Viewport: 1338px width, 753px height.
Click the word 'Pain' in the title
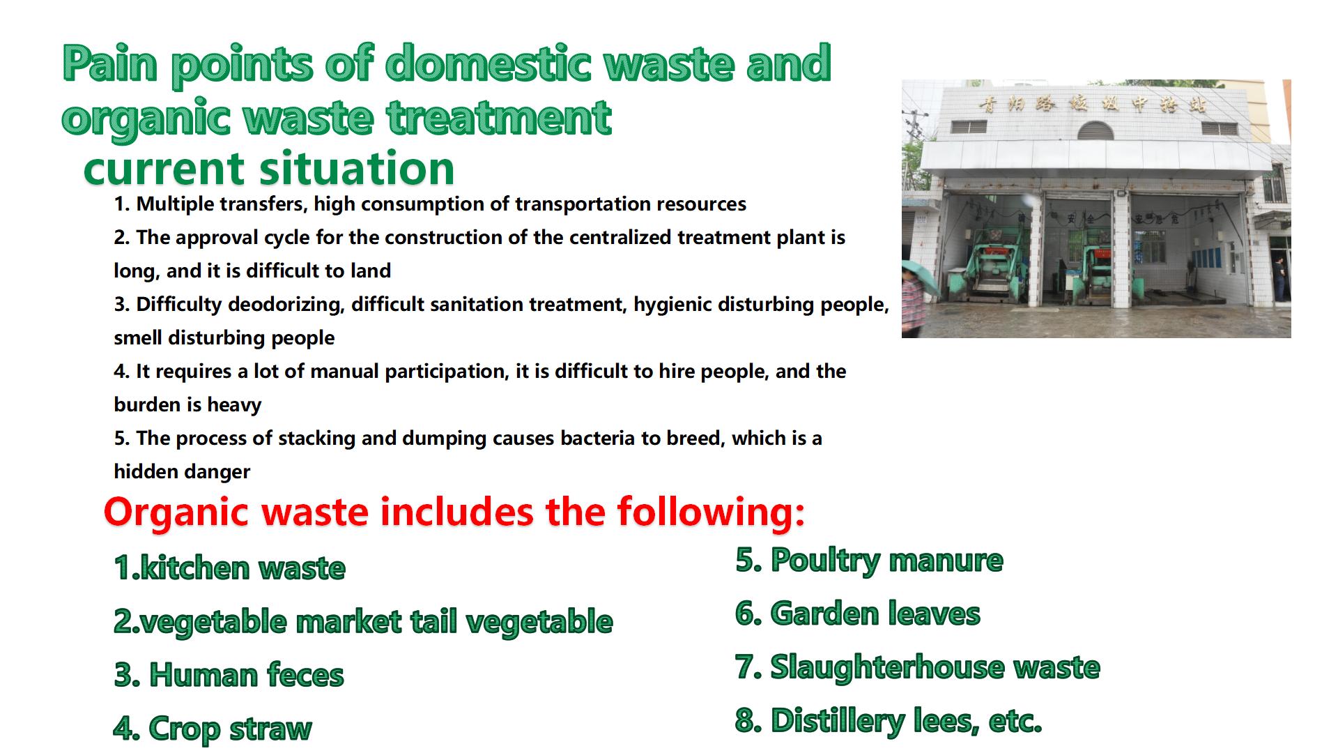[110, 64]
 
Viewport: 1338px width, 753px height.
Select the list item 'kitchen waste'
[229, 568]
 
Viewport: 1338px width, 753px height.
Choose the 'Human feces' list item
[229, 675]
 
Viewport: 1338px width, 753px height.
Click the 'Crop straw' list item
[213, 729]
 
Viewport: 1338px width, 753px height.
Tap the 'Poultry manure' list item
[870, 561]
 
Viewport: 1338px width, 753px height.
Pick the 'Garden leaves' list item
[858, 614]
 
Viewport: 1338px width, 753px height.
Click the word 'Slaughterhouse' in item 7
[886, 668]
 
